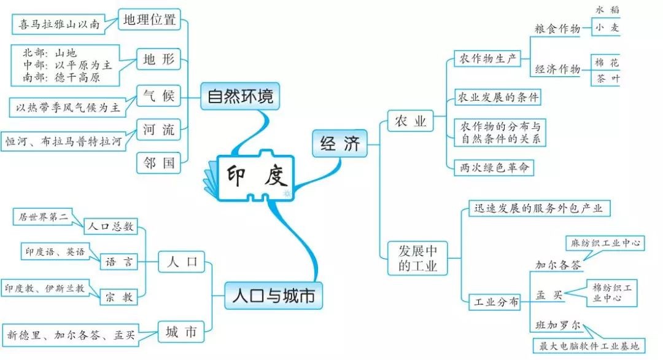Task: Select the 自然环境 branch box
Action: click(x=239, y=96)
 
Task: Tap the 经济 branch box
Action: click(x=339, y=144)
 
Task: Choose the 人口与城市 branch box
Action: click(x=273, y=296)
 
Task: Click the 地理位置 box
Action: click(x=149, y=20)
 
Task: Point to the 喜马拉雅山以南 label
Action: click(x=59, y=25)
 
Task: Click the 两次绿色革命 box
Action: click(x=493, y=167)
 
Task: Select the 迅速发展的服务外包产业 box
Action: click(x=537, y=208)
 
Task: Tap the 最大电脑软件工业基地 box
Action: click(x=589, y=346)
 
